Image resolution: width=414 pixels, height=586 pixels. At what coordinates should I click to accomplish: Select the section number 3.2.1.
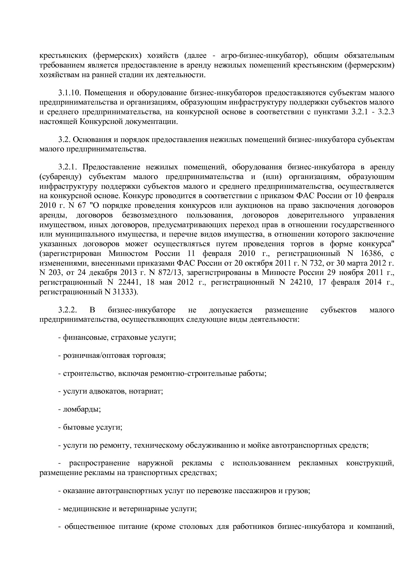[68, 167]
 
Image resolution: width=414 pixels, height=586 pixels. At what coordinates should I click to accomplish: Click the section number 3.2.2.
[68, 310]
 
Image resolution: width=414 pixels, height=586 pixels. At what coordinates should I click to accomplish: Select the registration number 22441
[126, 282]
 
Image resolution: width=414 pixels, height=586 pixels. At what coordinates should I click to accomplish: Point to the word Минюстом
[129, 253]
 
